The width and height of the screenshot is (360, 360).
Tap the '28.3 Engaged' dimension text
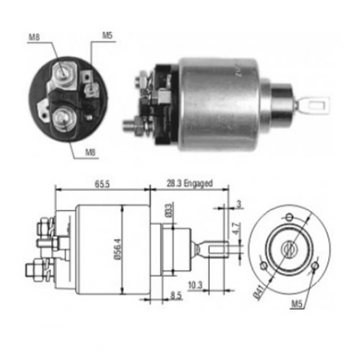tap(189, 184)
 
